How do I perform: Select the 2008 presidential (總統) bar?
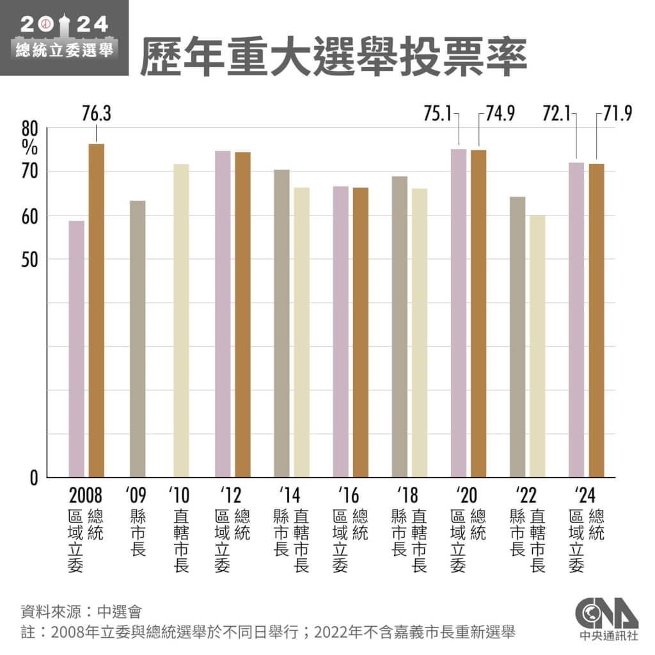pyautogui.click(x=97, y=310)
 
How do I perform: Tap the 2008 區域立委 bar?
pyautogui.click(x=77, y=349)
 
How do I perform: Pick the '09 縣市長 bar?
pyautogui.click(x=138, y=339)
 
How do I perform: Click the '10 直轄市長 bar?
pyautogui.click(x=181, y=320)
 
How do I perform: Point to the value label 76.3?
pyautogui.click(x=97, y=114)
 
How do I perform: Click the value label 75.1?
pyautogui.click(x=437, y=114)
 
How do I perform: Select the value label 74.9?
pyautogui.click(x=500, y=114)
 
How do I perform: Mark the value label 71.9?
pyautogui.click(x=617, y=114)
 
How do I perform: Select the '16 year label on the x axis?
pyautogui.click(x=350, y=496)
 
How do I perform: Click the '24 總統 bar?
pyautogui.click(x=596, y=320)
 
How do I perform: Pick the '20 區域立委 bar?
pyautogui.click(x=459, y=313)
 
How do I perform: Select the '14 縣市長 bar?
pyautogui.click(x=281, y=323)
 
